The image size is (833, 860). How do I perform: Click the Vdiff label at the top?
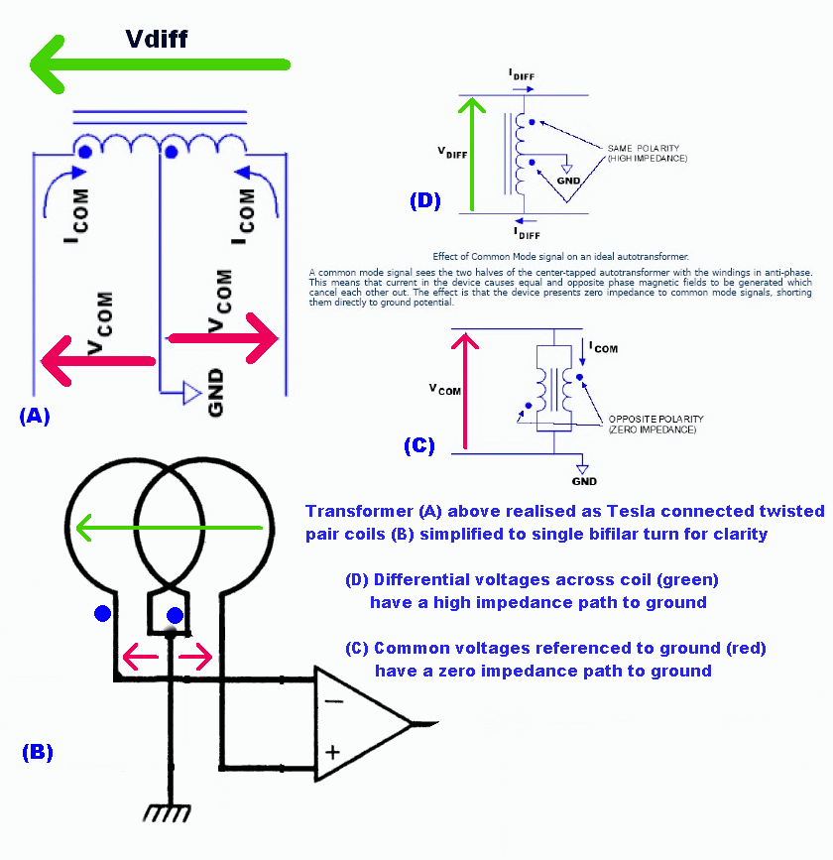[x=156, y=39]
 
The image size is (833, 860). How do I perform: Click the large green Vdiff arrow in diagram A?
[x=159, y=65]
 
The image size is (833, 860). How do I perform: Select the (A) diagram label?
[x=34, y=417]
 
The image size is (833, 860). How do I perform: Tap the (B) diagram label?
[x=37, y=752]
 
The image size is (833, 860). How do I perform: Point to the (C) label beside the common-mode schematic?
[x=419, y=445]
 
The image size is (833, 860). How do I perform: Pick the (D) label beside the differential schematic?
[x=424, y=200]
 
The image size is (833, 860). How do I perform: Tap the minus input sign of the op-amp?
[x=333, y=699]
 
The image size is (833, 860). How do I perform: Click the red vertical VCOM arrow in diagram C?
[x=459, y=391]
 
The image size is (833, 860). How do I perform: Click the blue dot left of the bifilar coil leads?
[x=102, y=615]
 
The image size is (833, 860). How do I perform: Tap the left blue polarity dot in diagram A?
[x=85, y=153]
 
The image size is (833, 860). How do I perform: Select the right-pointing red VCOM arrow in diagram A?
[x=222, y=338]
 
